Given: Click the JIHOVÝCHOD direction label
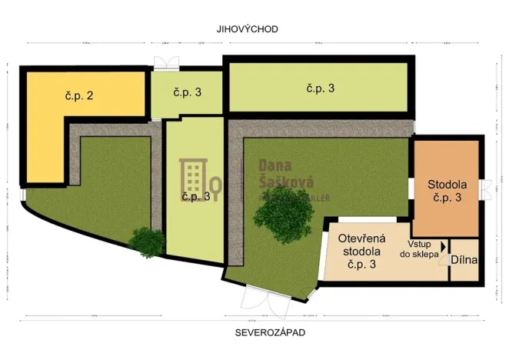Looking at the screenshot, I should point(247,29).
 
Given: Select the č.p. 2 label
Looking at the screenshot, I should point(79,96).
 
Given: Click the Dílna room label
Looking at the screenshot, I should point(464,260).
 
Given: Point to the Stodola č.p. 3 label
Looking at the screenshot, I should point(447,191).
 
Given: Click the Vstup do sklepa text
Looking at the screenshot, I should point(418,245).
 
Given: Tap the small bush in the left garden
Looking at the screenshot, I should point(146,242).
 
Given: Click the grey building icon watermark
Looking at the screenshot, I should point(194,177).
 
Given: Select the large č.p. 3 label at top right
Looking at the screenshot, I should point(320,88).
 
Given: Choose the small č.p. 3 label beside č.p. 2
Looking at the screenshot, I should point(187,92).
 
